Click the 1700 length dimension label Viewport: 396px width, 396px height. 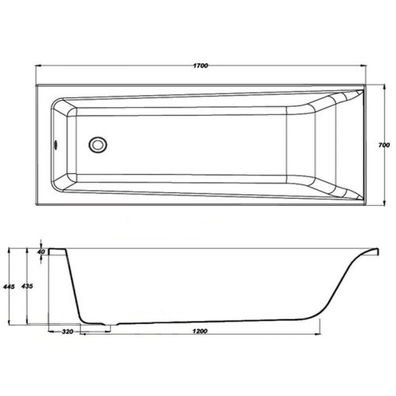201,66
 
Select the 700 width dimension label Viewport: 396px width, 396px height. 384,145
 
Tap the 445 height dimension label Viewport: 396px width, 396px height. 9,286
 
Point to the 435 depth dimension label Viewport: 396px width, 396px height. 27,286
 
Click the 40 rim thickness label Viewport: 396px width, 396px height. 41,252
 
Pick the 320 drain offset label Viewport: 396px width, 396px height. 67,331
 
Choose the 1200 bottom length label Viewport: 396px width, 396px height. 200,331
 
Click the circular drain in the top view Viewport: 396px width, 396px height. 98,145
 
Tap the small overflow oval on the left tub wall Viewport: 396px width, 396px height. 56,145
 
